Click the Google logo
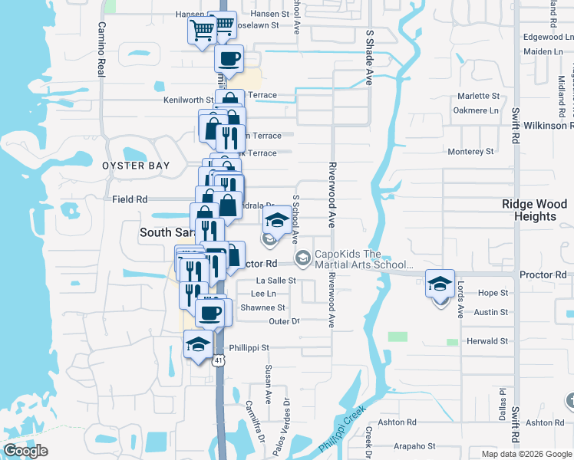(x=25, y=451)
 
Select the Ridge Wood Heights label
(x=535, y=210)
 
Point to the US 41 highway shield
(x=219, y=360)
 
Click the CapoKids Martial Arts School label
(x=359, y=260)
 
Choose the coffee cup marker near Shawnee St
(x=211, y=312)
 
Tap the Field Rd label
(x=130, y=199)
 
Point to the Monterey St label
(x=470, y=152)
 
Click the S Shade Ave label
(x=369, y=58)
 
